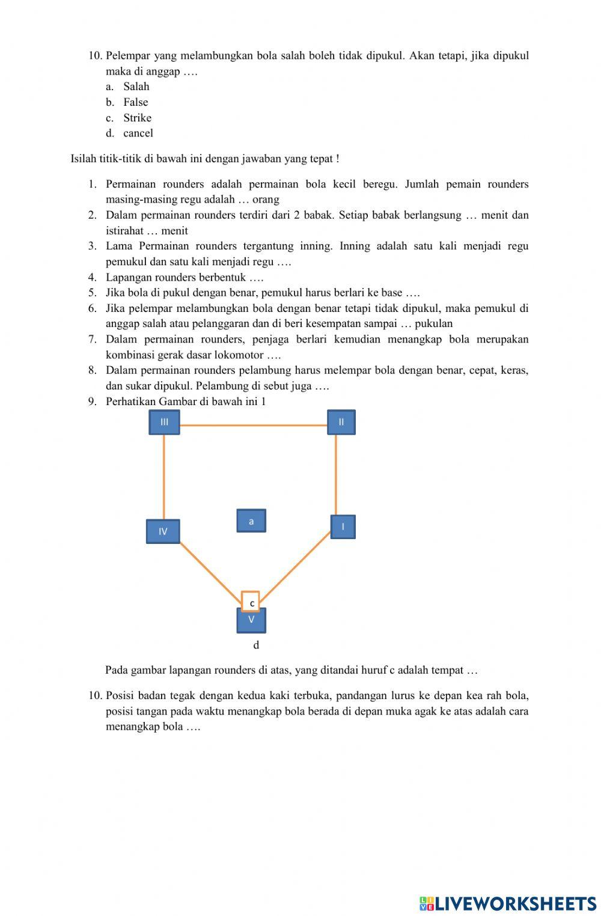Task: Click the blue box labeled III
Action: click(x=164, y=422)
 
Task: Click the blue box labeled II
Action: click(x=341, y=422)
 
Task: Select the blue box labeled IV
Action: click(x=163, y=531)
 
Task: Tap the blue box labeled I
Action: click(x=343, y=527)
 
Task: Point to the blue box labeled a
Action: click(x=251, y=521)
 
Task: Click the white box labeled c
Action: click(x=251, y=602)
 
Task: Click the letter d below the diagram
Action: click(x=256, y=645)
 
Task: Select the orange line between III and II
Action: click(x=252, y=426)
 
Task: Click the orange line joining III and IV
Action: click(x=164, y=477)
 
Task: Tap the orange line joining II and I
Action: click(x=336, y=475)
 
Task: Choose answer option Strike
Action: click(x=137, y=118)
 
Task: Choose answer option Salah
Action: click(x=136, y=87)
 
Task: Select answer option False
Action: click(x=136, y=102)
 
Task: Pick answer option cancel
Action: click(x=138, y=133)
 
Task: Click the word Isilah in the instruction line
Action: click(x=84, y=159)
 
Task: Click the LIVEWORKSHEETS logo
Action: click(x=508, y=903)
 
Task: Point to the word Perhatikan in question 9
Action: click(x=131, y=402)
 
